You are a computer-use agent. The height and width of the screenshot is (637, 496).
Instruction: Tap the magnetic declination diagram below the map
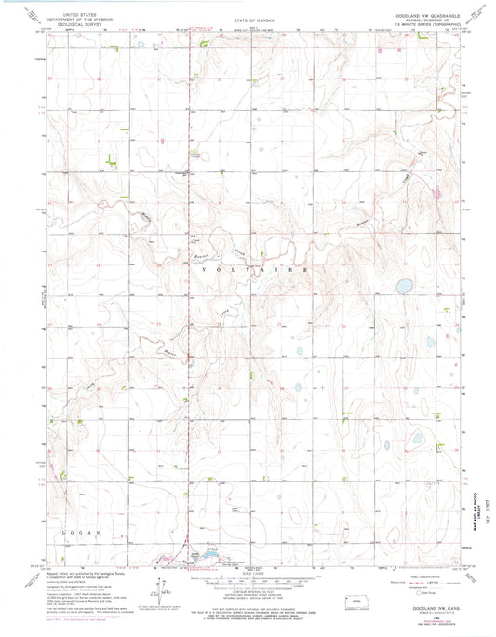click(x=156, y=569)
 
